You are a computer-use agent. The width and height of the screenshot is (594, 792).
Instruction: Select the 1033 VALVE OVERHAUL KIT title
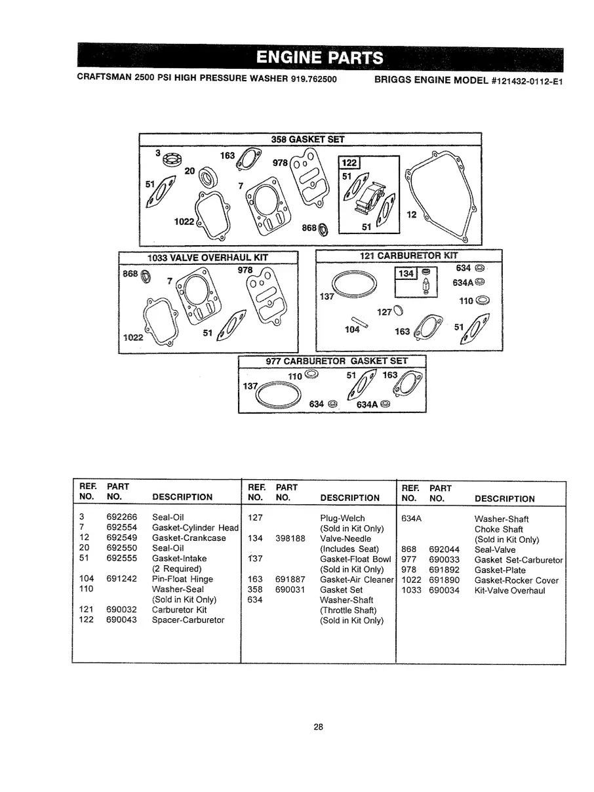(x=208, y=256)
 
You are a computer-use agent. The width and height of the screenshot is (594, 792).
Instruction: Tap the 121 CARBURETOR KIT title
(x=409, y=255)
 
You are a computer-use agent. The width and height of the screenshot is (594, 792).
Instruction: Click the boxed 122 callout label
(x=349, y=164)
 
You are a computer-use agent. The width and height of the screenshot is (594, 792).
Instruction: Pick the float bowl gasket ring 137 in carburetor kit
(x=355, y=283)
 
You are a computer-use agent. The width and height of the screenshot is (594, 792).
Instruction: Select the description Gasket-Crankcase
(x=188, y=538)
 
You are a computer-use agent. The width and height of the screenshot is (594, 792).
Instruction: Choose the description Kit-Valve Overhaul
(x=509, y=591)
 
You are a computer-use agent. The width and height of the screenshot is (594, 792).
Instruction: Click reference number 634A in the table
(x=410, y=519)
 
